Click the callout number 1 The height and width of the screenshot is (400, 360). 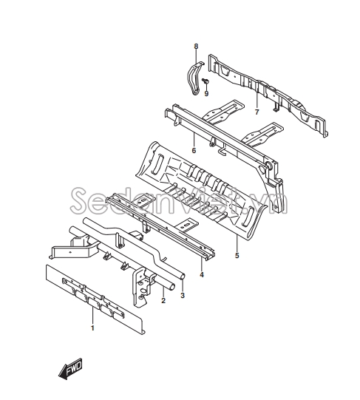click(92, 328)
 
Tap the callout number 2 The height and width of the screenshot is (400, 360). click(163, 300)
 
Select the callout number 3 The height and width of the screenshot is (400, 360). click(182, 296)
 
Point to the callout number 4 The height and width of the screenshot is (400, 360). click(202, 275)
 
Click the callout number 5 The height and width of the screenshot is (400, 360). click(237, 255)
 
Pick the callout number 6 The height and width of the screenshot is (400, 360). click(194, 151)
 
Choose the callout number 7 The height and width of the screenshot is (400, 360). click(257, 112)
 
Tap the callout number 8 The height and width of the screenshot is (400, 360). click(196, 47)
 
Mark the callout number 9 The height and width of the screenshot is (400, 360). click(206, 94)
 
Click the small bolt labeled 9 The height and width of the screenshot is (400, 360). click(206, 81)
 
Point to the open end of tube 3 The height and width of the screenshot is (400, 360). click(183, 277)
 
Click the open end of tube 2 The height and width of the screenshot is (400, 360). click(172, 286)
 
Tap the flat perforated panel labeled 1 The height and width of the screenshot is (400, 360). click(95, 299)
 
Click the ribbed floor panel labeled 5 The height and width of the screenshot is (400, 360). click(201, 191)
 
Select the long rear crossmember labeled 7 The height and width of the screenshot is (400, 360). click(268, 95)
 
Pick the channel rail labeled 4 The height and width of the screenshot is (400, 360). click(160, 225)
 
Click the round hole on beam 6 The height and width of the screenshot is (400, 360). click(269, 166)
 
